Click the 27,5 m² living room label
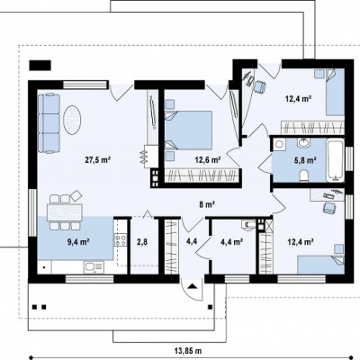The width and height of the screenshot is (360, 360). pos(98,160)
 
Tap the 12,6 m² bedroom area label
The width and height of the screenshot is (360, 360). pos(208,160)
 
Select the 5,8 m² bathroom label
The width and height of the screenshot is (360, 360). pos(305,160)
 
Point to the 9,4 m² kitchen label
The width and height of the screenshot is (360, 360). pos(79,241)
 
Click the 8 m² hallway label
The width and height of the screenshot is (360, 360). pos(206,204)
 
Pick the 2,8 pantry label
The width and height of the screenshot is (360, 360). pos(142,242)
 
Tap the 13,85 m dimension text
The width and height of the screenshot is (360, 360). pos(188,350)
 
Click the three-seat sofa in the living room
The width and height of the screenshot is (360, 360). pos(49,123)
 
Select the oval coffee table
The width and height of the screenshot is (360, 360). pos(72,120)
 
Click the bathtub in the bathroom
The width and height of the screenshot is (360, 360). pos(336,160)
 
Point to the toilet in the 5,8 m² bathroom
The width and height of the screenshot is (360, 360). pos(304,175)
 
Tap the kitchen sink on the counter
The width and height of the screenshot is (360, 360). pos(94,267)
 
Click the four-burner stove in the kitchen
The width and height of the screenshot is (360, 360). pos(121,240)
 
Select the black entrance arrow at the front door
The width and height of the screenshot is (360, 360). pos(192,285)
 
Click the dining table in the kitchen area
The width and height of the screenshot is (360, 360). pos(65,212)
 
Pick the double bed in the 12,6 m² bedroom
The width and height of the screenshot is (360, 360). pos(188,130)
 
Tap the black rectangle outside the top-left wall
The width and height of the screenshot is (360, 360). pos(40,66)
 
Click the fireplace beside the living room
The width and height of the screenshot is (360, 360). pos(150,157)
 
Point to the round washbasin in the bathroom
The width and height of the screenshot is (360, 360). pos(304,142)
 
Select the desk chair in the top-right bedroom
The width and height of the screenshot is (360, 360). pos(259,87)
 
